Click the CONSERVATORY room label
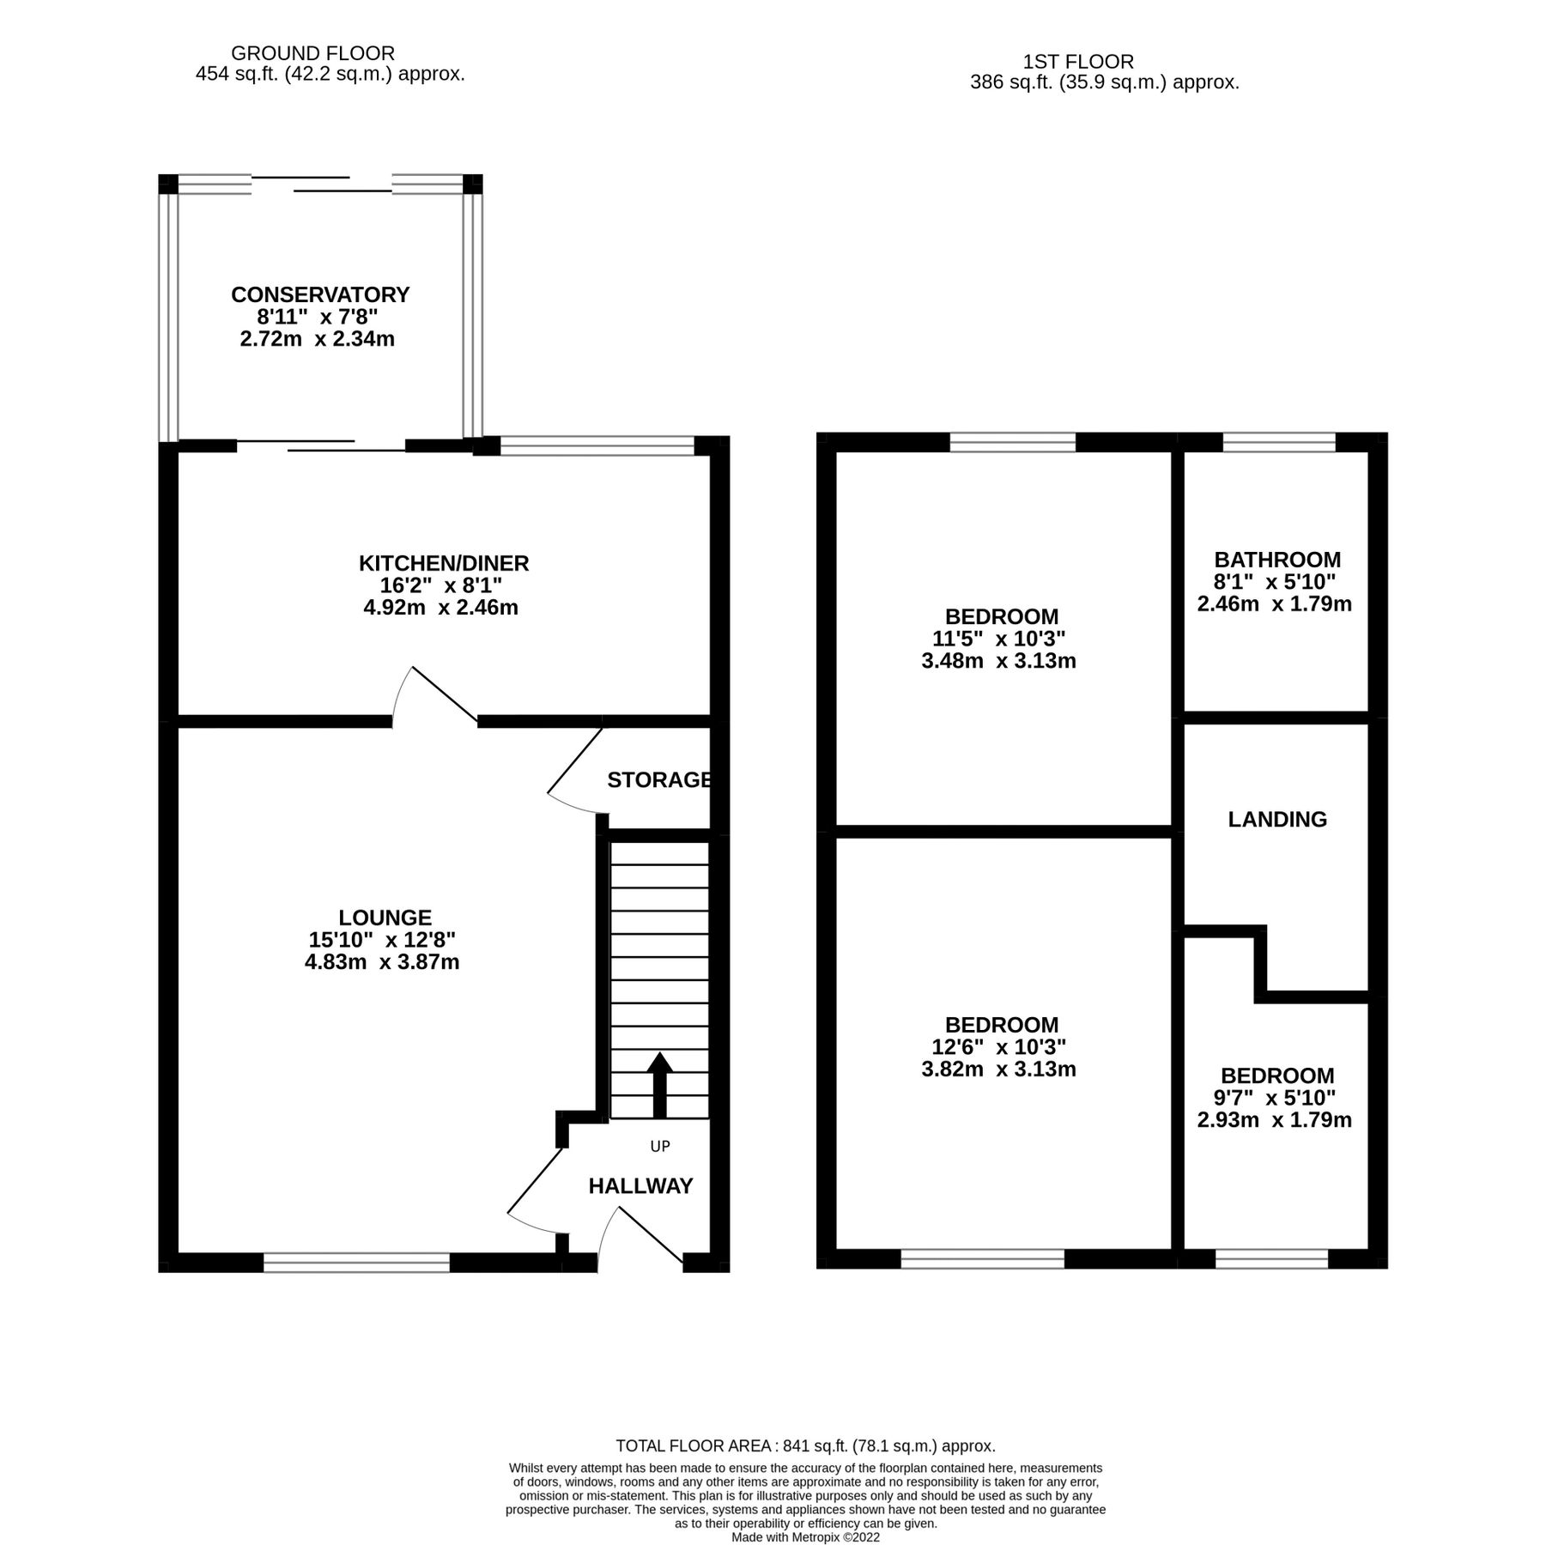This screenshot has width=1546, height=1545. (320, 294)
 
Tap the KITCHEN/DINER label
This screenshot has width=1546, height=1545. (443, 563)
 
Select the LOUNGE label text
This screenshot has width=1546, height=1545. (385, 918)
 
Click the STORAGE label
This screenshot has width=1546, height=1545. (658, 779)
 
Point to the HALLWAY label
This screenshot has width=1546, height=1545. (640, 1186)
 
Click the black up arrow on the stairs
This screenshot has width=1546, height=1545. (659, 1083)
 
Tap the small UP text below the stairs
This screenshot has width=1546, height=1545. (659, 1146)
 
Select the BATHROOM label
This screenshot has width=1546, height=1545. (1277, 560)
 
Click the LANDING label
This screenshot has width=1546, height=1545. (1277, 820)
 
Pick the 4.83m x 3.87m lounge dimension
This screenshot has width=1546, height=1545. (382, 962)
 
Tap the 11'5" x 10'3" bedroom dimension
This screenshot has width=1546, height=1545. (1000, 639)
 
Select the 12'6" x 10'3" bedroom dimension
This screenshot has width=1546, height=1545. (1000, 1047)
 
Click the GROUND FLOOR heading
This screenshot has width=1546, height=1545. (312, 54)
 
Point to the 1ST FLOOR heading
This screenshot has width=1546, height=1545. (1078, 62)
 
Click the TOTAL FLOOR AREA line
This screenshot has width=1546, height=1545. (805, 1445)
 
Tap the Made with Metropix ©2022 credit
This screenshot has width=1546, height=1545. (805, 1537)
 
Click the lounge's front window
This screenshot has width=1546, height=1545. (356, 1262)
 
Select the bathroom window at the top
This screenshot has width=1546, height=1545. (1279, 442)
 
